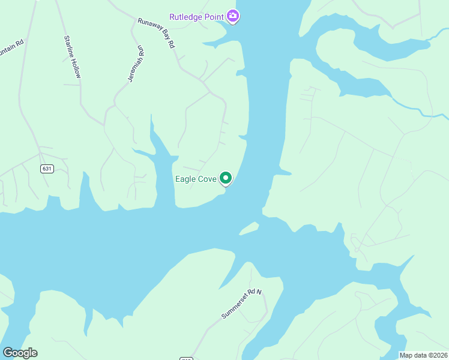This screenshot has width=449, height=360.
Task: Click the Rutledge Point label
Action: (196, 16)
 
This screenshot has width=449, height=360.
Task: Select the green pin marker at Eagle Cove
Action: (226, 178)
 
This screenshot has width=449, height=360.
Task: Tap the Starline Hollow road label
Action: (73, 57)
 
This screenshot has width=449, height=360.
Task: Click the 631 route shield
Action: (47, 169)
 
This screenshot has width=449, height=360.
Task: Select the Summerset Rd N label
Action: (243, 304)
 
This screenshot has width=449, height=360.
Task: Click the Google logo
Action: (20, 353)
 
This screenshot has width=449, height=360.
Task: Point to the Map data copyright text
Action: (424, 355)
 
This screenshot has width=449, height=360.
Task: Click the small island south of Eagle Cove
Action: (249, 229)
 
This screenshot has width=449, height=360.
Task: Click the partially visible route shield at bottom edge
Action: (186, 358)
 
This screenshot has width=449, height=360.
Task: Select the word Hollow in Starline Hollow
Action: (76, 68)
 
